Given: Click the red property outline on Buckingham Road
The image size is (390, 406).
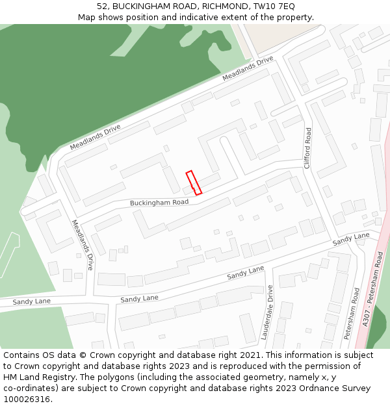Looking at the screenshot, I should pos(194,183).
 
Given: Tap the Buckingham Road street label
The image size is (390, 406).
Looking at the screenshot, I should pos(159,203).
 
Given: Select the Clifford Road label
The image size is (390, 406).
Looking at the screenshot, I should pos(308,148).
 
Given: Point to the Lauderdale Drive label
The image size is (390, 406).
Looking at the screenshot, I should pos(266,312).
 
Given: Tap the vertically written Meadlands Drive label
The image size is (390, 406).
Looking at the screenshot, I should pos(83,245).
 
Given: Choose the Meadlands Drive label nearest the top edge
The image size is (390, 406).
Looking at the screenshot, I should pos(248,69).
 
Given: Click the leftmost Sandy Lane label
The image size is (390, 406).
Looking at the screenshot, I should pos(31,301).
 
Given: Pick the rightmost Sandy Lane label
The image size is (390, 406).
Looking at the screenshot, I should pos(351,238).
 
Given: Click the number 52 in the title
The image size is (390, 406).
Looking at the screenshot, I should pos(103,6).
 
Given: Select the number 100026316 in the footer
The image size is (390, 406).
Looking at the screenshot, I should pos(26,399).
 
